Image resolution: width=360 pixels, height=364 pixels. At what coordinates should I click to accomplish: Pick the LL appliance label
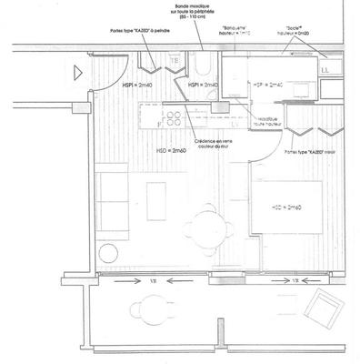(x=325, y=67)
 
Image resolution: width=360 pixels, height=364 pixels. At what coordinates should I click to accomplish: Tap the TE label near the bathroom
(x=173, y=62)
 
